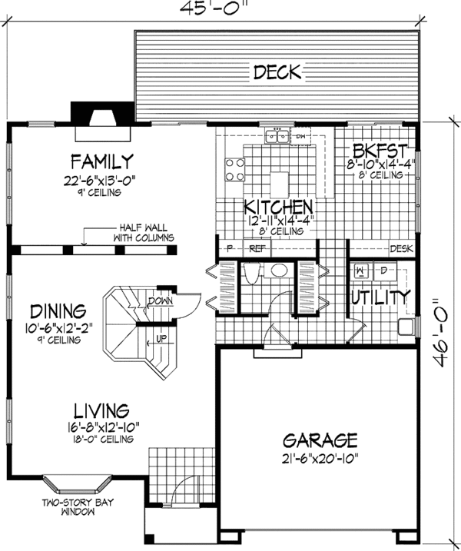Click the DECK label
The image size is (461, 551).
tap(277, 73)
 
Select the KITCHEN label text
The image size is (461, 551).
tap(278, 207)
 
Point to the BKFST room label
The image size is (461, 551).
tap(376, 150)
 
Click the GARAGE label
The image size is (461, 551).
tap(320, 441)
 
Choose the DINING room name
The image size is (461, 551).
tap(58, 312)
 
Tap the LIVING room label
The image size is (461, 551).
tap(101, 410)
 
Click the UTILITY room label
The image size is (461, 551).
tap(380, 297)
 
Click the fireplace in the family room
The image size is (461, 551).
tap(101, 119)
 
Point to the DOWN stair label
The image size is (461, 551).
tap(161, 300)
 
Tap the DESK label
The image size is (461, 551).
tap(401, 249)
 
